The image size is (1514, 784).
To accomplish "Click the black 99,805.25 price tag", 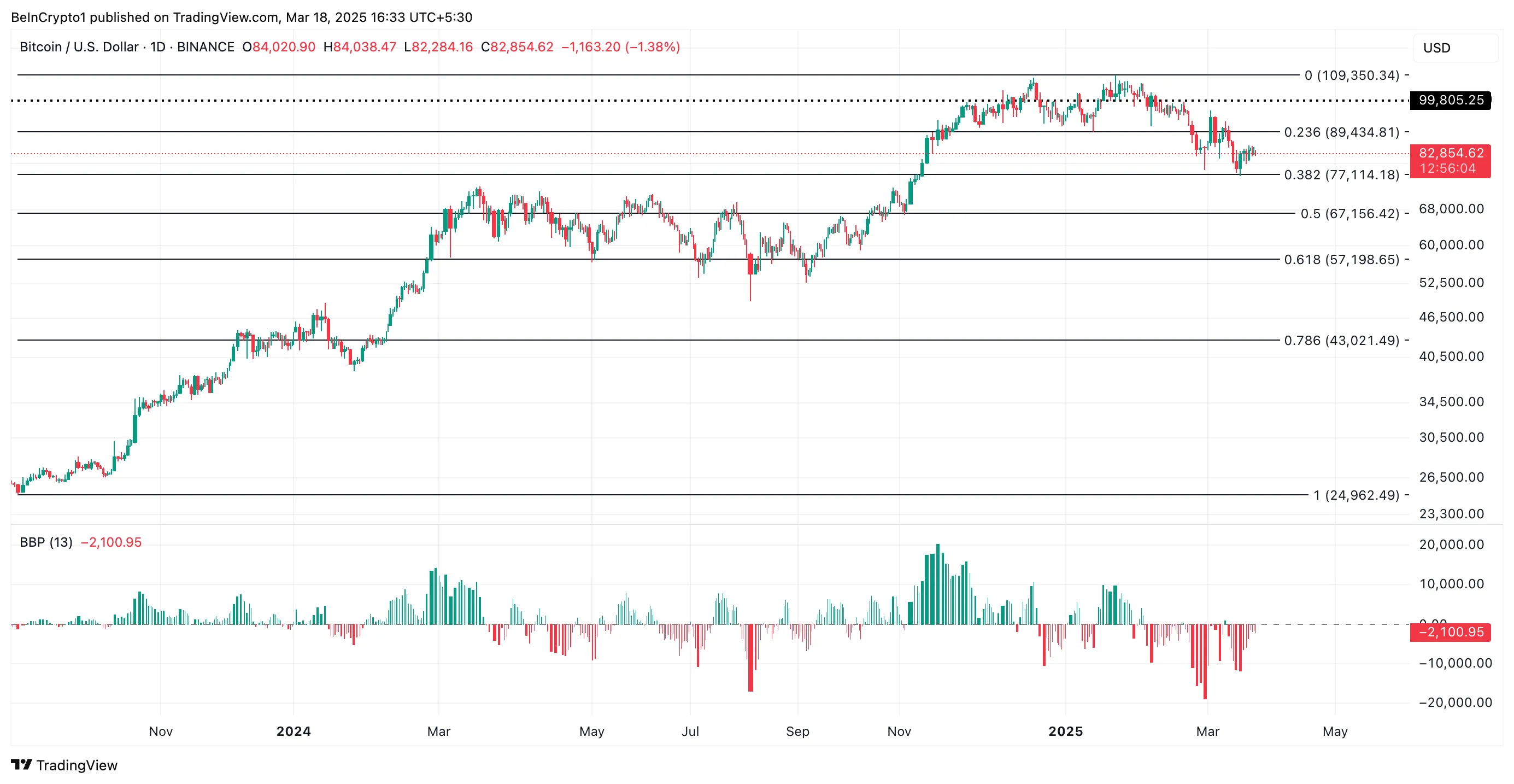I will tap(1450, 101).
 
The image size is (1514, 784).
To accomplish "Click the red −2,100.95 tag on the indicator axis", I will tap(1450, 632).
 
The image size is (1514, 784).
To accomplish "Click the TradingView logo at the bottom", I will tap(64, 765).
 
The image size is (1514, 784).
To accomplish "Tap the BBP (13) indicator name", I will tap(46, 542).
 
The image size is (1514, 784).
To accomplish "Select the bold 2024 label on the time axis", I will tap(294, 731).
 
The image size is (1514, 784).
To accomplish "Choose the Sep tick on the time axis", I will tap(797, 731).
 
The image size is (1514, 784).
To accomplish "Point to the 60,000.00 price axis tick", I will tap(1451, 244).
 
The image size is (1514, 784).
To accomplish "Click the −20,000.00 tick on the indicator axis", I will tap(1454, 703).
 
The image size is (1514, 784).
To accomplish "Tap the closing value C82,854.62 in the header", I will tap(517, 47).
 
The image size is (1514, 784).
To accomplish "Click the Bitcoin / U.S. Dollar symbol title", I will tap(79, 47).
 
